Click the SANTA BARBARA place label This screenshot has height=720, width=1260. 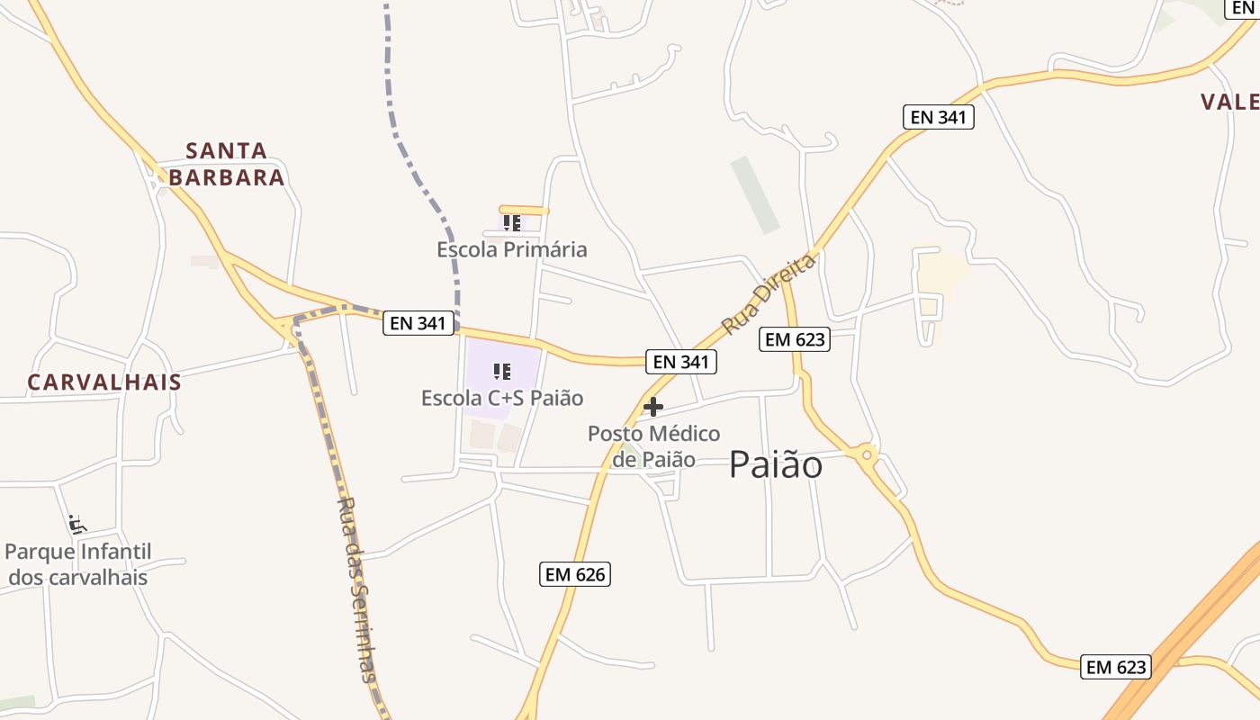227,164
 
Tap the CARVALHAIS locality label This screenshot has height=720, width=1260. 104,382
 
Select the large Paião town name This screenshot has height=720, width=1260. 776,465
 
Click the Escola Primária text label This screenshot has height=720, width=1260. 512,249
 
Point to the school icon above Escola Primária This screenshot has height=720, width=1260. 511,222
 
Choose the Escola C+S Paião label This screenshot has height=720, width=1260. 502,398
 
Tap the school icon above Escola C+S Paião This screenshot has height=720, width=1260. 502,372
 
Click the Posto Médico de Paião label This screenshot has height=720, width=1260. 654,446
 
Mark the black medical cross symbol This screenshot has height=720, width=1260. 653,407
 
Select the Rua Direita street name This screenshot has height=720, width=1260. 769,293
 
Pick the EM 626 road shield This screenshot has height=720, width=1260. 575,574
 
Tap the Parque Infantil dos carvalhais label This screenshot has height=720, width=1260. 78,564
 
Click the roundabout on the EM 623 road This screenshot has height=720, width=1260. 867,455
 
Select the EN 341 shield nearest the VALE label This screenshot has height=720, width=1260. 939,117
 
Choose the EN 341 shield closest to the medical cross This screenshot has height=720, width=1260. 681,362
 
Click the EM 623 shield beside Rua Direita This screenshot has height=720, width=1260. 795,339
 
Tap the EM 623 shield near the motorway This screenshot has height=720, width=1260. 1116,667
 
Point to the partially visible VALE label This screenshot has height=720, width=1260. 1230,102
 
